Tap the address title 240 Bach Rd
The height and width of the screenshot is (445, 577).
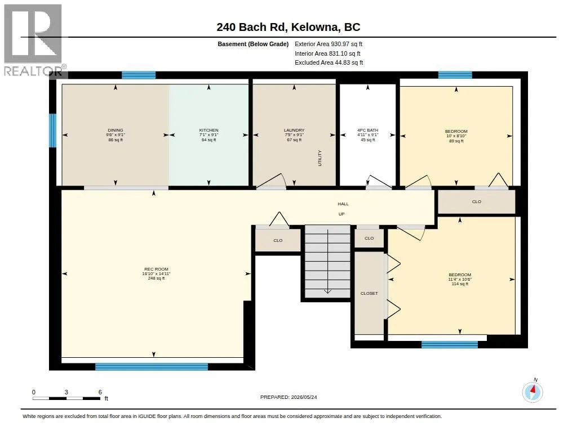(252, 27)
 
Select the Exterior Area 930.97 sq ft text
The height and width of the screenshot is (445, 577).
(329, 44)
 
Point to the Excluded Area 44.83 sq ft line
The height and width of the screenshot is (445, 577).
(329, 63)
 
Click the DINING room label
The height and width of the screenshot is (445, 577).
(116, 135)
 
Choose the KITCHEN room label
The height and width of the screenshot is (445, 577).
(208, 135)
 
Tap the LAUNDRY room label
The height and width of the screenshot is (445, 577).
(294, 135)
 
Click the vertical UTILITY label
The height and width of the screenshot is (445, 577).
(319, 158)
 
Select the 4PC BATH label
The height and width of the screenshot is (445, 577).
(367, 135)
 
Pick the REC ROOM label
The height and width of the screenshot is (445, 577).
(156, 274)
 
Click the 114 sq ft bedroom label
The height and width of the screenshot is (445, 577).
(460, 279)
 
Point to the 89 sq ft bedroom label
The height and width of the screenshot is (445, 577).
(456, 136)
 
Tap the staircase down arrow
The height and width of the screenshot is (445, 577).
(327, 262)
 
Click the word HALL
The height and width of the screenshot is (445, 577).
(343, 204)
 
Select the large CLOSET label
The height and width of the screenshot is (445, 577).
(369, 293)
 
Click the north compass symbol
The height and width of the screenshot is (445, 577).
(532, 392)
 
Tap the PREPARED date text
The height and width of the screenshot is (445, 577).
(288, 397)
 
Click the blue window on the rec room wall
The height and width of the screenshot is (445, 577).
(152, 366)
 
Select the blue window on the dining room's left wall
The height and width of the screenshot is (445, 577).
(52, 131)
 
